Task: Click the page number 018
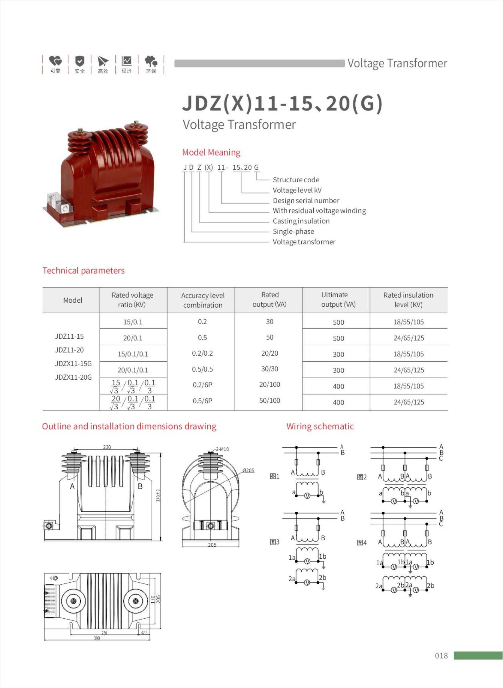click(x=441, y=655)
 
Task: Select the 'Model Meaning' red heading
click(x=211, y=152)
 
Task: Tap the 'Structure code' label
click(x=296, y=180)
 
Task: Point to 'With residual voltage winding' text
click(x=319, y=211)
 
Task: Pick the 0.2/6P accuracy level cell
click(x=202, y=385)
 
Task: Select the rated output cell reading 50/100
click(x=270, y=400)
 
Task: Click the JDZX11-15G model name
click(x=73, y=363)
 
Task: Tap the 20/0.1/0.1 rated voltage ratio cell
click(x=133, y=370)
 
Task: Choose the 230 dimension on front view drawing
click(x=107, y=447)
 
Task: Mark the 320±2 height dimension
click(x=158, y=496)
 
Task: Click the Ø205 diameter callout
click(x=248, y=471)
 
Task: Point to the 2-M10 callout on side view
click(x=222, y=449)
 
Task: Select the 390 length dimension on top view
click(x=97, y=638)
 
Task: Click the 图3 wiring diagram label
click(x=274, y=542)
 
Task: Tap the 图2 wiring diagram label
click(x=362, y=477)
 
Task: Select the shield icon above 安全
click(x=80, y=61)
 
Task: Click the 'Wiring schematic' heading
click(x=320, y=426)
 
